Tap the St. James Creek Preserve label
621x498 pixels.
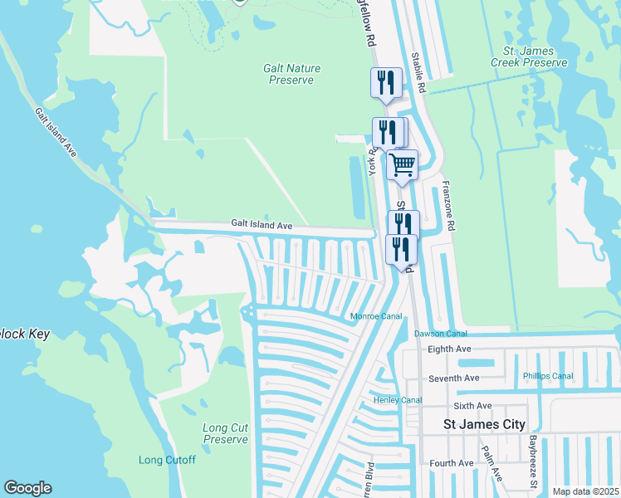pos(528,56)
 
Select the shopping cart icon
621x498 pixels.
pos(403,164)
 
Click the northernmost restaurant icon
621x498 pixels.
pos(385,82)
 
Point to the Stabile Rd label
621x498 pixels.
pos(419,72)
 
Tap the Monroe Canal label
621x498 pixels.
pos(376,316)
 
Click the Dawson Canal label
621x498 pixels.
pos(441,334)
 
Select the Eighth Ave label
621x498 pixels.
pos(449,349)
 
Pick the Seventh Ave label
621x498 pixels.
pos(454,378)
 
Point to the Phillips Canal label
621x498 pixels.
pos(548,376)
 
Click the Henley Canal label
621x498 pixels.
pos(399,400)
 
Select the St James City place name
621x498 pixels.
pos(484,424)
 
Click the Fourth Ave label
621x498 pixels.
pos(451,463)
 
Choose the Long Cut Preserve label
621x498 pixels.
pos(226,433)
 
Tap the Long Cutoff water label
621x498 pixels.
pos(167,460)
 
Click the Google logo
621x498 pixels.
pos(27,488)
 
